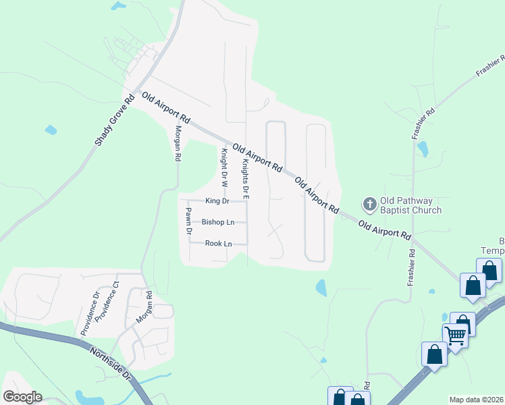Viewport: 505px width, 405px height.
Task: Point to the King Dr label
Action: pos(217,201)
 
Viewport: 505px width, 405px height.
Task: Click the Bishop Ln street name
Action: pos(218,222)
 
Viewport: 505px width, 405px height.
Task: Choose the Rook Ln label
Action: pos(218,243)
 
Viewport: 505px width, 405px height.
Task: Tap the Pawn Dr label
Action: pos(189,221)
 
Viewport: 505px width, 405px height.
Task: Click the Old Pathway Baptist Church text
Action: pos(410,205)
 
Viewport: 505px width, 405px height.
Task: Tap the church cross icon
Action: pos(369,203)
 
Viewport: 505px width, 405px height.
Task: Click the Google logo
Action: pos(22,397)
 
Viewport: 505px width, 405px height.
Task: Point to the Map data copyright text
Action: pos(476,400)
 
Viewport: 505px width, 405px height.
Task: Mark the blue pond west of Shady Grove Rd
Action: pos(51,130)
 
